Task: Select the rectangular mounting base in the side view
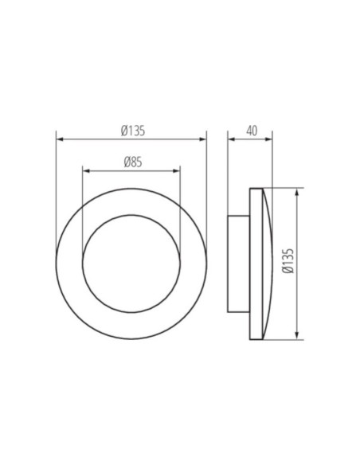238,264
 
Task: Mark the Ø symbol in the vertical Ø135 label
288,272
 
